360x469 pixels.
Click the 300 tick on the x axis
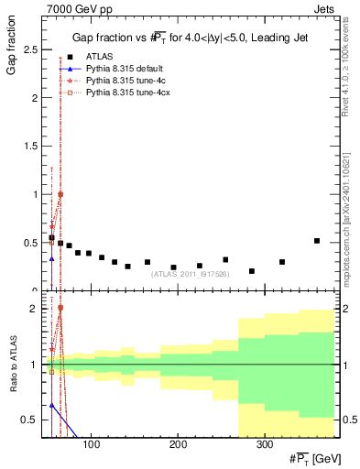click(264, 444)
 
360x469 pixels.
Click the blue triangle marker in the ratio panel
click(52, 404)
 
